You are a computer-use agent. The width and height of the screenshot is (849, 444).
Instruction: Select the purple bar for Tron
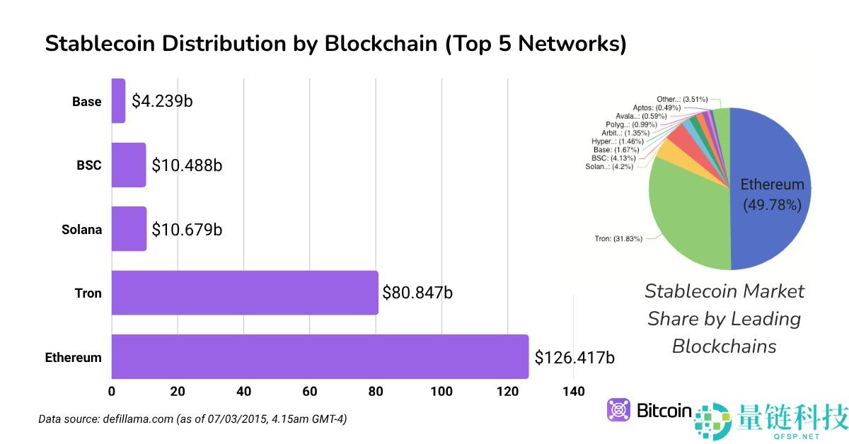(245, 293)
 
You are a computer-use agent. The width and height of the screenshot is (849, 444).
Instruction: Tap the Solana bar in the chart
(129, 229)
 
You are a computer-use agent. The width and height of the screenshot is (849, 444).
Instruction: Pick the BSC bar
(129, 165)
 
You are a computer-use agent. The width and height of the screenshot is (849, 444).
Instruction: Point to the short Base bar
(118, 101)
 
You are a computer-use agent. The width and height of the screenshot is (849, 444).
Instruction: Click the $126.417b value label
(574, 357)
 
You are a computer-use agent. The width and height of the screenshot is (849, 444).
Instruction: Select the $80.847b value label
(417, 293)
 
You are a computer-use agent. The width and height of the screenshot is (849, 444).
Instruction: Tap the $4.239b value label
(162, 101)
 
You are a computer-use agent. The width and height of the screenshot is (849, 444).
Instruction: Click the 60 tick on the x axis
(310, 392)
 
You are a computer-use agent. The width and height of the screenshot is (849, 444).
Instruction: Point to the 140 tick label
(574, 392)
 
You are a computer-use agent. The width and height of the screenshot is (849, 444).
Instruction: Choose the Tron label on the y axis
(88, 293)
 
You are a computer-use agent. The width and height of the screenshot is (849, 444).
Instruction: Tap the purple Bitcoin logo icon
(619, 411)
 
